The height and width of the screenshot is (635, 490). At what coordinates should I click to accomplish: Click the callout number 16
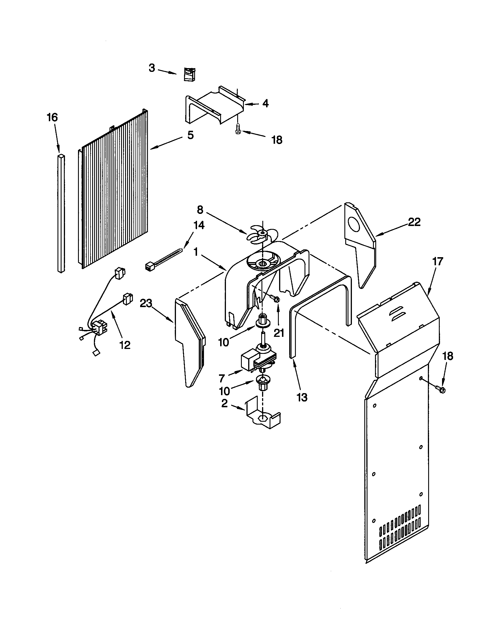click(x=53, y=117)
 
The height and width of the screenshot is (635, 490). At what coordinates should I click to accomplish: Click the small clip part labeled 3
click(x=190, y=74)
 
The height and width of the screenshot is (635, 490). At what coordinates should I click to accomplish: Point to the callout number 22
click(x=414, y=222)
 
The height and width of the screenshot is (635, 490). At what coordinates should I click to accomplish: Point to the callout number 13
click(x=302, y=397)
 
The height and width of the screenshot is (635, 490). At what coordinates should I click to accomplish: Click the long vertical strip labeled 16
click(x=61, y=214)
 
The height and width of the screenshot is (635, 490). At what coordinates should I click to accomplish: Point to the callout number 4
click(x=265, y=104)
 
